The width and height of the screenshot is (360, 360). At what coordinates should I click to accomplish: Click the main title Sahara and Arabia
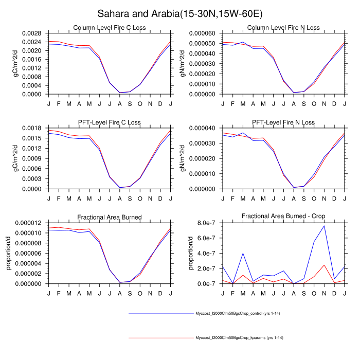[x=179, y=12]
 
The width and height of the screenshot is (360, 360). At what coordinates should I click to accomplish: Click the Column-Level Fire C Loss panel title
[x=109, y=27]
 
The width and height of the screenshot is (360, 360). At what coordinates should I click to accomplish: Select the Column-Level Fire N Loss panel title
[x=283, y=27]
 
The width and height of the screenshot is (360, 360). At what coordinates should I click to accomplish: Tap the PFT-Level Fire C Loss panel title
[x=109, y=122]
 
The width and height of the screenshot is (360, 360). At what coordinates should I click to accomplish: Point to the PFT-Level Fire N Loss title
[x=283, y=122]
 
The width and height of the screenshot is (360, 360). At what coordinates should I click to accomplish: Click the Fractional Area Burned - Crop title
[x=283, y=217]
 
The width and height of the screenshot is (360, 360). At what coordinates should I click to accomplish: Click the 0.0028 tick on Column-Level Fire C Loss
[x=33, y=32]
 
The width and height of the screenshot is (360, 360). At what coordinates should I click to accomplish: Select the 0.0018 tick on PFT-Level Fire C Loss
[x=33, y=128]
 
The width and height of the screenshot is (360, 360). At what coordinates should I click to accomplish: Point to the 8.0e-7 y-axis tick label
[x=208, y=222]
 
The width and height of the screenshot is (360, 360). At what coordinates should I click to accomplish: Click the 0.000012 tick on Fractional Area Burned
[x=29, y=222]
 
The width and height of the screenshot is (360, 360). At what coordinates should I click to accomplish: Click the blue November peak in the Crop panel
[x=324, y=226]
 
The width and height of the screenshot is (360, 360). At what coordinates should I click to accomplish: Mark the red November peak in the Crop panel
[x=324, y=265]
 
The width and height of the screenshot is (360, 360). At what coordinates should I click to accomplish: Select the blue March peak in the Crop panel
[x=243, y=253]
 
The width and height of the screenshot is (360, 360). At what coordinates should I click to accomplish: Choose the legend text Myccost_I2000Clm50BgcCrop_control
[x=238, y=313]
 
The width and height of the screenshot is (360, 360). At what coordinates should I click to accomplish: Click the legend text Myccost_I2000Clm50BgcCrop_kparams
[x=239, y=338]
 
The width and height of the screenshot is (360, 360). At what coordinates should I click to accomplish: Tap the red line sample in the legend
[x=159, y=338]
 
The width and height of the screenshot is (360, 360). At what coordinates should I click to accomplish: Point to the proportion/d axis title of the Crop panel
[x=190, y=253]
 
